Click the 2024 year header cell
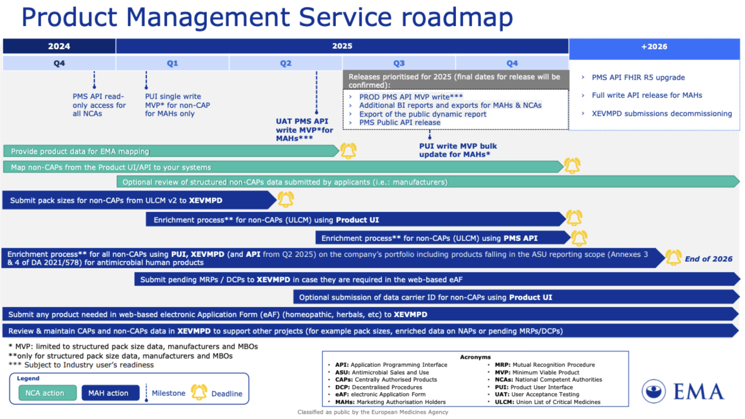pyautogui.click(x=59, y=46)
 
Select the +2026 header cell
pyautogui.click(x=654, y=47)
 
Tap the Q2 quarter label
pyautogui.click(x=286, y=63)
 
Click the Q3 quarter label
pyautogui.click(x=399, y=63)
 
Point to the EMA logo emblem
pyautogui.click(x=653, y=391)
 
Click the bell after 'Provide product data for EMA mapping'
pyautogui.click(x=348, y=151)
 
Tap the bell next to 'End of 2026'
pyautogui.click(x=673, y=258)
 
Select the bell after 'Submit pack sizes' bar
pyautogui.click(x=286, y=200)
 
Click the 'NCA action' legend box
pyautogui.click(x=45, y=393)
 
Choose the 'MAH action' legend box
pyautogui.click(x=108, y=393)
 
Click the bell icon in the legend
pyautogui.click(x=199, y=392)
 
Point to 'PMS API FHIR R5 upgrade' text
pyautogui.click(x=638, y=77)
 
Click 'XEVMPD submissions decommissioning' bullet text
pyautogui.click(x=661, y=114)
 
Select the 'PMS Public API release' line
pyautogui.click(x=399, y=123)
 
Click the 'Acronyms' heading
pyautogui.click(x=475, y=357)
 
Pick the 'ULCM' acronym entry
pyautogui.click(x=548, y=402)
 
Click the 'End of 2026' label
pyautogui.click(x=708, y=259)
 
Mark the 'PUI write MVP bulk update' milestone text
pyautogui.click(x=458, y=150)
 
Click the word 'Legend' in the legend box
pyautogui.click(x=28, y=378)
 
